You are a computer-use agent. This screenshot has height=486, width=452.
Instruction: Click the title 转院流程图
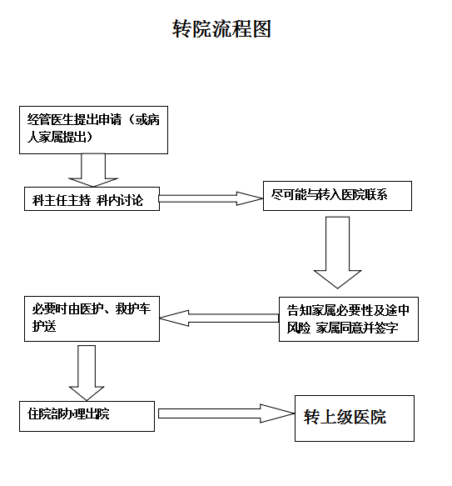[x=221, y=29]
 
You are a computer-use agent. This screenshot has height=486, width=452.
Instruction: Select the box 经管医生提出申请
[x=93, y=130]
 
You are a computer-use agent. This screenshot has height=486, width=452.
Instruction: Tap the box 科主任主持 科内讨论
[x=92, y=198]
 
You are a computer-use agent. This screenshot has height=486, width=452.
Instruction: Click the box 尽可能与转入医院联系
[x=337, y=196]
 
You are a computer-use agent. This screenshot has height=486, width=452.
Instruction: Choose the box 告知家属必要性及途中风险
[x=349, y=319]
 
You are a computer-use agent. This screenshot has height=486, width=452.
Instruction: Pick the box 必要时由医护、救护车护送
[x=92, y=318]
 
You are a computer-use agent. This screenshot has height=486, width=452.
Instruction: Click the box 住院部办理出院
[x=87, y=416]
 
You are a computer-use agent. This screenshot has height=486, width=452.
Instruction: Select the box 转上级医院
[x=355, y=418]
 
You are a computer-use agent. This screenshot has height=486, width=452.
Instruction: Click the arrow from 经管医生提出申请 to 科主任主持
[x=93, y=170]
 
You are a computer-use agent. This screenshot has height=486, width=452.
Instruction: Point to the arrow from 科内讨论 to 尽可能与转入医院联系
[x=211, y=198]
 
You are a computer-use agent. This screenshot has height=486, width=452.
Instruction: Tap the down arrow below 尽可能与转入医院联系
[x=337, y=253]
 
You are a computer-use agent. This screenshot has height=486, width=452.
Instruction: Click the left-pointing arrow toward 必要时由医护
[x=219, y=318]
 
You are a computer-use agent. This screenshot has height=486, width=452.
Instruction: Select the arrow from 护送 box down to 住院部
[x=87, y=373]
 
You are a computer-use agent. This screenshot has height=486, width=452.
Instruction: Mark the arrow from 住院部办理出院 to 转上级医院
[x=226, y=413]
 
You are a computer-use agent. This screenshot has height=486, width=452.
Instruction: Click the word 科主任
[x=50, y=200]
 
